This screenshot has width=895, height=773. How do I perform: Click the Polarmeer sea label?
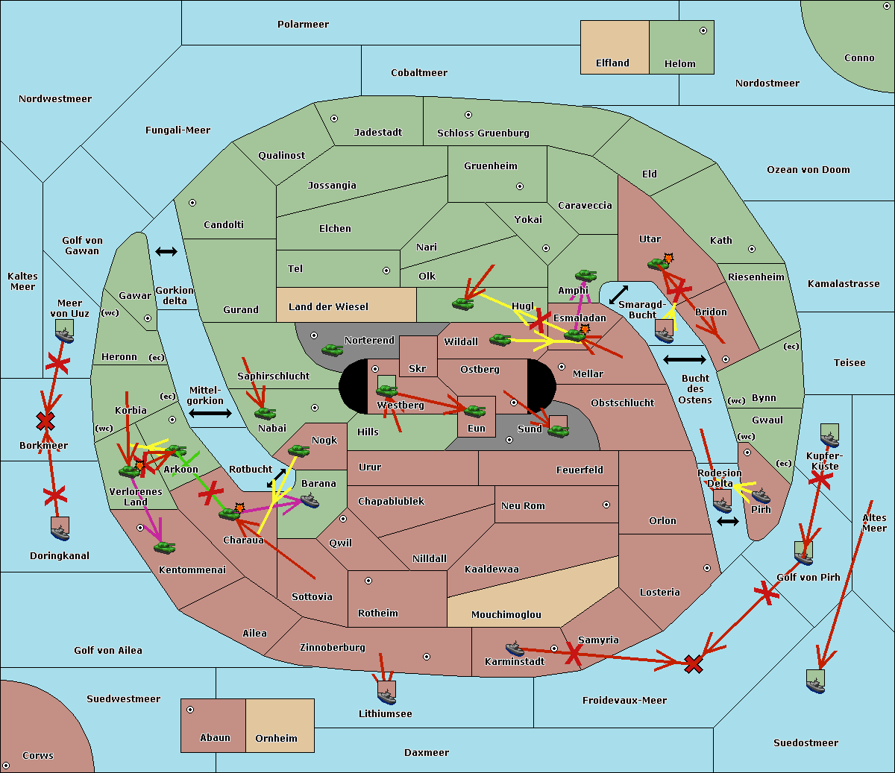[x=303, y=25]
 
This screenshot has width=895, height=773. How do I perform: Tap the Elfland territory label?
[x=612, y=63]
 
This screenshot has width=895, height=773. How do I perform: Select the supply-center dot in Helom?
[x=703, y=31]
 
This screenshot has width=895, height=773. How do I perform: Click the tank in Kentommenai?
[x=164, y=548]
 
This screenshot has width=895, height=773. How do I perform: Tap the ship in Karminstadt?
[x=515, y=648]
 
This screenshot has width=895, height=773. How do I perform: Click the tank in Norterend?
[x=332, y=350]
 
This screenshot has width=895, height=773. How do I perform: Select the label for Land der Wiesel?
[x=328, y=306]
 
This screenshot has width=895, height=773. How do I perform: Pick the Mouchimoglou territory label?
[x=506, y=615]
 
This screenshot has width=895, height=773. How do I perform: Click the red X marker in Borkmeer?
[x=45, y=422]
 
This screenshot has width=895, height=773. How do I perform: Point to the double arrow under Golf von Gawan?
[x=166, y=252]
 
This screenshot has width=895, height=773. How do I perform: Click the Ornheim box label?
[x=276, y=738]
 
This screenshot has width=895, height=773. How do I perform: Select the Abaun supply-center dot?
[x=190, y=710]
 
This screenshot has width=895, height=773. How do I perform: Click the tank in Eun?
[x=475, y=411]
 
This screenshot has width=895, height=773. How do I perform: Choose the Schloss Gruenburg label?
[x=483, y=133]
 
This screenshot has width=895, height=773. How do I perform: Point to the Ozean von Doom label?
[x=808, y=170]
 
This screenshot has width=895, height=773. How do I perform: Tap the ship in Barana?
[x=310, y=500]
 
